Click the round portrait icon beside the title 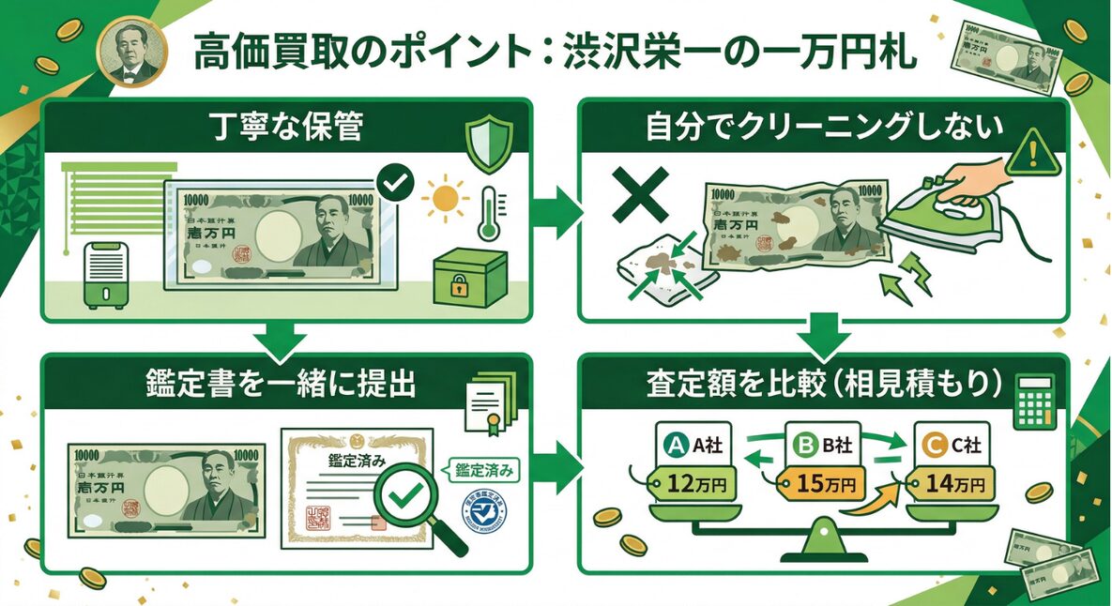point(132,53)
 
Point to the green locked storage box point(469,279)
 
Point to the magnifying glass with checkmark point(404,502)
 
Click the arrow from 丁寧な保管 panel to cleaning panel point(558,206)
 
